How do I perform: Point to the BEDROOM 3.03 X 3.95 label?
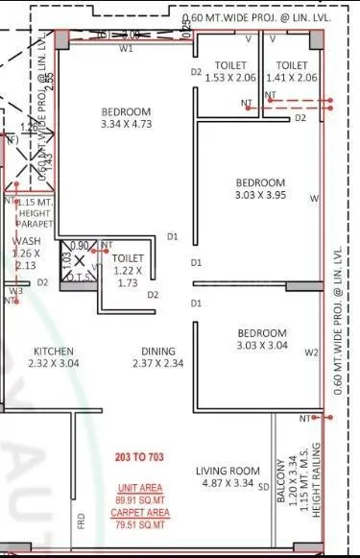coord(260,189)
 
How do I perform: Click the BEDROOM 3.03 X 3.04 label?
coord(260,339)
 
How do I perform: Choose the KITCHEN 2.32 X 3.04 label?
coord(54,356)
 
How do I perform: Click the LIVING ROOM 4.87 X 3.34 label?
coord(224,476)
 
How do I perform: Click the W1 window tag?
coord(126,49)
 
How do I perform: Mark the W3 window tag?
coord(16,291)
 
